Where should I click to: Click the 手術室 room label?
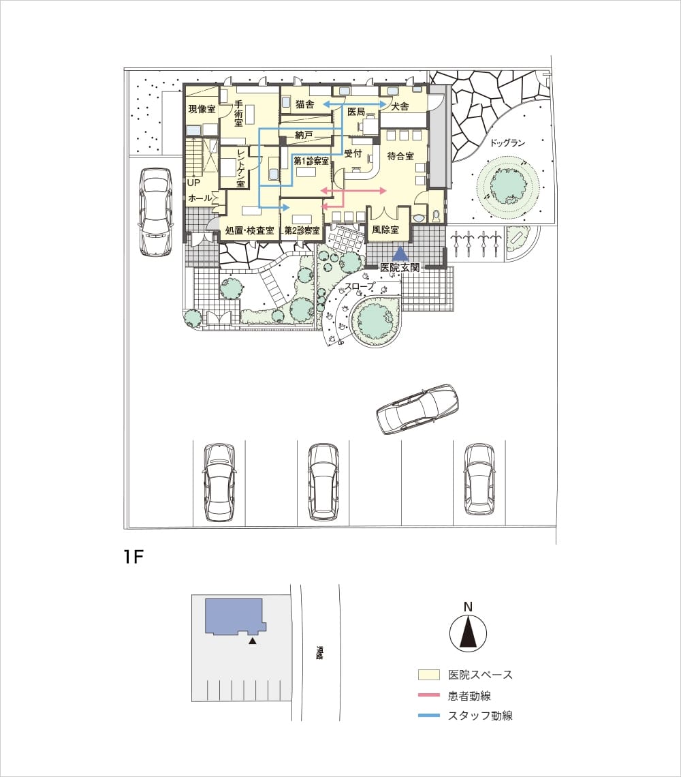click(239, 113)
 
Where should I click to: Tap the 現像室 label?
click(202, 109)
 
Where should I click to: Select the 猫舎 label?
click(304, 104)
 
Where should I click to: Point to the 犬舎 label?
click(400, 106)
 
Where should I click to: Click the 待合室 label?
click(400, 156)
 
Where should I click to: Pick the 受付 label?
click(353, 153)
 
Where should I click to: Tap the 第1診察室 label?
click(311, 161)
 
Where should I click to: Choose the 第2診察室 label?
click(302, 230)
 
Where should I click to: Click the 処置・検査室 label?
click(250, 230)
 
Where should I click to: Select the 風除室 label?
click(385, 230)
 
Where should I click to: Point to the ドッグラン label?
click(507, 142)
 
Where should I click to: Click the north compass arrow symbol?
click(468, 633)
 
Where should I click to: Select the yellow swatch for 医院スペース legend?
click(429, 675)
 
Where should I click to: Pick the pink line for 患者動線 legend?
click(429, 695)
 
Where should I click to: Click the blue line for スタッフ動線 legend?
click(429, 716)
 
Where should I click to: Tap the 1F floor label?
click(133, 557)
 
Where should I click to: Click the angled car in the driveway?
click(417, 410)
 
